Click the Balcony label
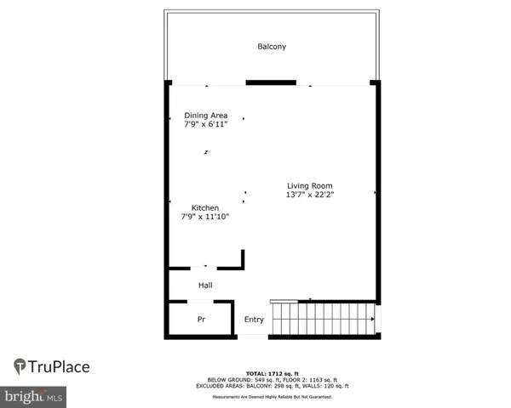tap(272, 46)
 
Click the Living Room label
tap(309, 185)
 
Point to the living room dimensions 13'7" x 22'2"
tap(309, 195)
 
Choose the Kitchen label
tap(204, 207)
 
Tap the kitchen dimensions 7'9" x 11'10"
tap(204, 217)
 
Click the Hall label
tap(205, 285)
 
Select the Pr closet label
tap(201, 320)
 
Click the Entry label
tap(254, 320)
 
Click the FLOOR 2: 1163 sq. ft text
tap(310, 379)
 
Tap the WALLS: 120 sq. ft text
tap(321, 385)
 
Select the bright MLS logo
tap(33, 396)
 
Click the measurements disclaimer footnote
tap(272, 395)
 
